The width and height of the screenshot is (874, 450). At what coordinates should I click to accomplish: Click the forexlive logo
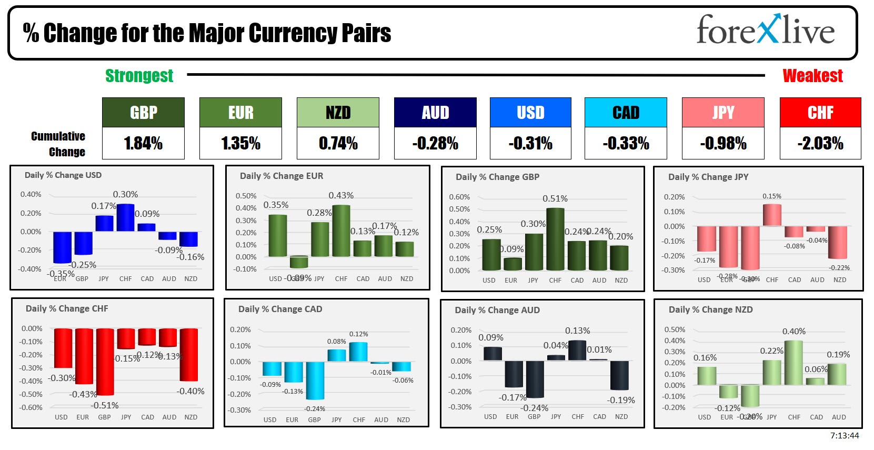point(766,30)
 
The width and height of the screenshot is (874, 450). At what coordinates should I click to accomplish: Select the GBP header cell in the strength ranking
point(143,112)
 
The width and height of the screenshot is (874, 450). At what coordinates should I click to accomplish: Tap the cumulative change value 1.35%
point(240,143)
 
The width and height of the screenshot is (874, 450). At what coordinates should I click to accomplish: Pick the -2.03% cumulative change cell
point(820,143)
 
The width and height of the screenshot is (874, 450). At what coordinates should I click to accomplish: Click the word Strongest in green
point(139,76)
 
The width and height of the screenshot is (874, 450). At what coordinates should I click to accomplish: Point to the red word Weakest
point(812,76)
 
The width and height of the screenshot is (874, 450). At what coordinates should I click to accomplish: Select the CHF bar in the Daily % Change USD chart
point(125,217)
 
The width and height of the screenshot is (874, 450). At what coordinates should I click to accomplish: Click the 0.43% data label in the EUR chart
point(341,195)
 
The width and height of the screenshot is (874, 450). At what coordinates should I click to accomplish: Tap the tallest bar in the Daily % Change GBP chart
point(555,239)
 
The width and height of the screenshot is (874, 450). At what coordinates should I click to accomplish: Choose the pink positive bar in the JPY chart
point(772,215)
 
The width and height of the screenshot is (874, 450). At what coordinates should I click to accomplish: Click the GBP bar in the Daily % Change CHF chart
point(105,362)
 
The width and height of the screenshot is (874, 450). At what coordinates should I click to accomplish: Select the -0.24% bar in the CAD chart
point(315,380)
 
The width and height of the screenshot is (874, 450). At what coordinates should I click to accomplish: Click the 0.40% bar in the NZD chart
point(793,363)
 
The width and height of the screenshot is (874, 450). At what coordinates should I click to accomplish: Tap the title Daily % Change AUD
point(497,310)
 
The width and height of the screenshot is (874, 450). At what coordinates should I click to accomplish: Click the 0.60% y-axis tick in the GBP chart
point(459,197)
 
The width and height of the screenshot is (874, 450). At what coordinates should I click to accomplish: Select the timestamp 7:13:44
point(844,435)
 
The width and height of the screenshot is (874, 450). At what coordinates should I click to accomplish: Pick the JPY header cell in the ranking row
point(722,112)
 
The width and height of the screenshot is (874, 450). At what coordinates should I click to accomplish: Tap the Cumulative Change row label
point(58,144)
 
